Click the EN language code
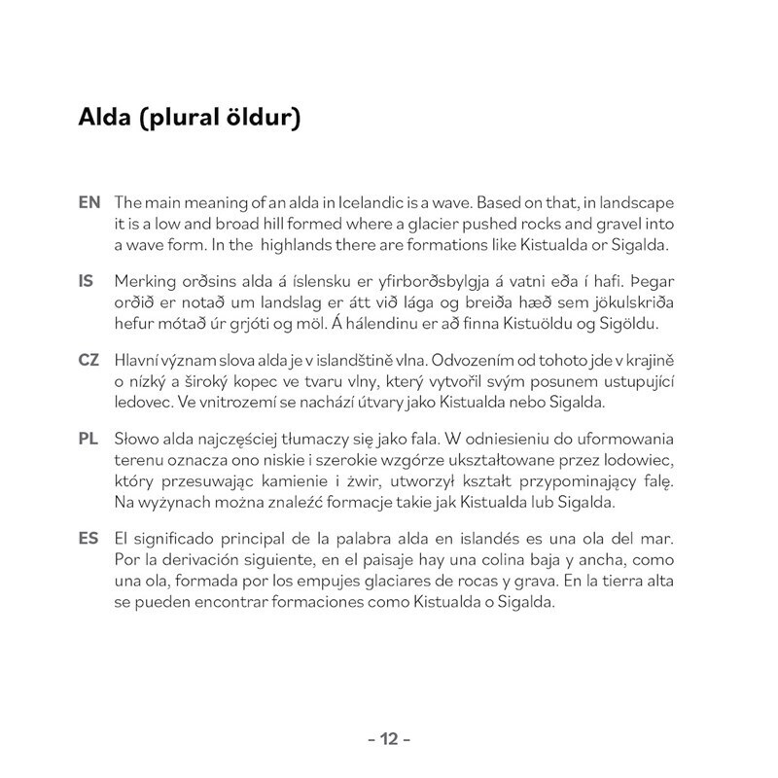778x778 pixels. (x=88, y=203)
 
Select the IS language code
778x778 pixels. (x=86, y=281)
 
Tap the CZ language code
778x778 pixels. (x=88, y=360)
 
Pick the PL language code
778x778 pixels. (x=88, y=438)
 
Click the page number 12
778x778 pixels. (x=389, y=739)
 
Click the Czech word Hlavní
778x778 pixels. (x=135, y=360)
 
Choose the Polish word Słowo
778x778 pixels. (x=137, y=438)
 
